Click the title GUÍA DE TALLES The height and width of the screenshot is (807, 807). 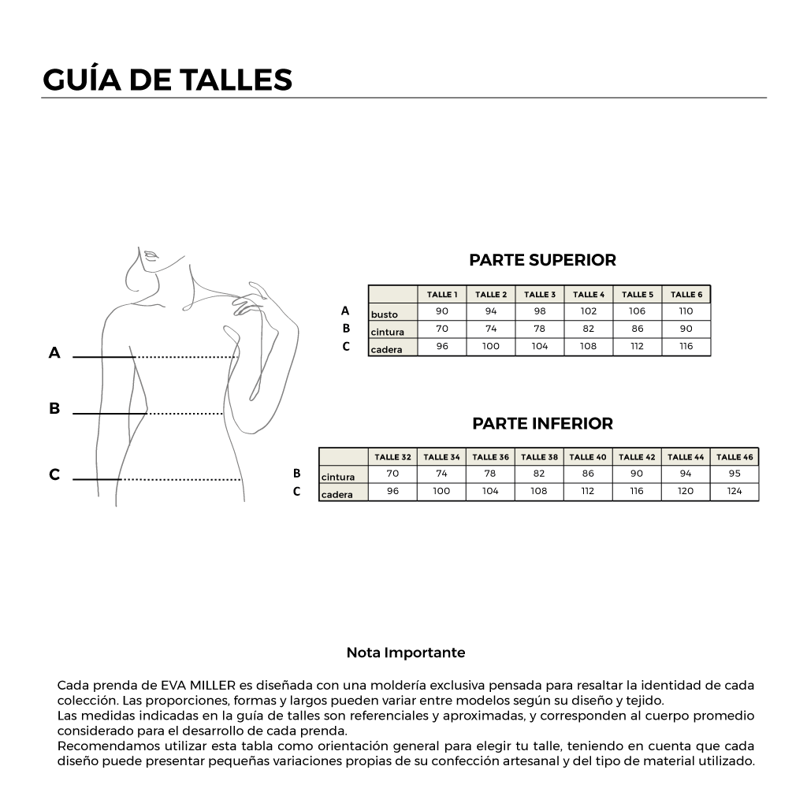coord(167,80)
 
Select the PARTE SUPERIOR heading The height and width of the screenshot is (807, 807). coord(542,260)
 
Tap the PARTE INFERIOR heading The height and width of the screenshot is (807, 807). coord(542,423)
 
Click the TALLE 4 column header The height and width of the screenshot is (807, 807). coord(589,295)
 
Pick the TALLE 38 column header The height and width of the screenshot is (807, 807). coord(539,457)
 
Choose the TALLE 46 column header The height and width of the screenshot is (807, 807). coord(734,457)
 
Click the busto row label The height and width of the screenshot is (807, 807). coord(385,314)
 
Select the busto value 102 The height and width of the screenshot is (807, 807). coord(589,311)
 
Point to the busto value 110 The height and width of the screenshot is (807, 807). coord(686,311)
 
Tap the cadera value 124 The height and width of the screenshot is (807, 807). coord(734,491)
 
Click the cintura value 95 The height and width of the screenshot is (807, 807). coord(734,474)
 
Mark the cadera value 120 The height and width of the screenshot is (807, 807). coord(686,491)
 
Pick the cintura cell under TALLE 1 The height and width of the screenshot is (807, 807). coord(442,329)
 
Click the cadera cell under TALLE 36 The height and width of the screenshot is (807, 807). coord(490,491)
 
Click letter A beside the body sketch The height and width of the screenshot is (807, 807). coord(54,353)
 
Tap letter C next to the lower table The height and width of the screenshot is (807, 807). coord(297,492)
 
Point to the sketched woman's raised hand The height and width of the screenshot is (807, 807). coord(251,299)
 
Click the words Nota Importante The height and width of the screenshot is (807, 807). coord(406,653)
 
